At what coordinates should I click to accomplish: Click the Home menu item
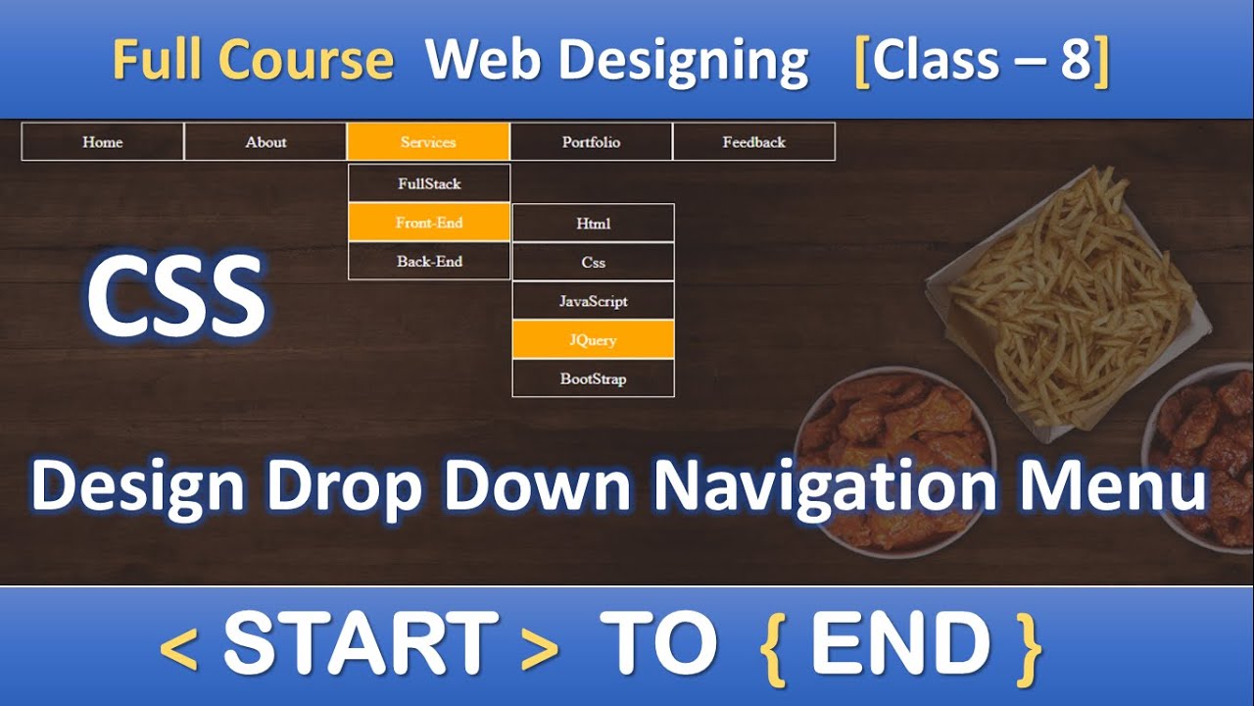click(x=102, y=142)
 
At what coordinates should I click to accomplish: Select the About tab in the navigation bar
click(x=265, y=142)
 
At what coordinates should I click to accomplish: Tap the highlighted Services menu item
click(x=428, y=142)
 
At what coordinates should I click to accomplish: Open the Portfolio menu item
click(x=591, y=142)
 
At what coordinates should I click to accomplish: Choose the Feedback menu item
click(x=753, y=142)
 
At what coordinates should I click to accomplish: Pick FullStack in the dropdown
click(x=429, y=183)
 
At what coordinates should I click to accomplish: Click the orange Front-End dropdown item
click(x=429, y=223)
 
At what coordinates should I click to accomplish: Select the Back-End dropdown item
click(x=429, y=261)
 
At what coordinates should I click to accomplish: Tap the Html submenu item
click(x=593, y=224)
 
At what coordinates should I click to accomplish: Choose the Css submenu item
click(x=593, y=263)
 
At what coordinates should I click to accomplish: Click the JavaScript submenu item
click(x=593, y=301)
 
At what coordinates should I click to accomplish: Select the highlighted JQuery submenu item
click(x=593, y=340)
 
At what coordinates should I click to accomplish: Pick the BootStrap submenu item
click(x=593, y=378)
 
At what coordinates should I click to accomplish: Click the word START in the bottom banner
click(x=361, y=644)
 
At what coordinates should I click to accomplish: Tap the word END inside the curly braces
click(x=899, y=644)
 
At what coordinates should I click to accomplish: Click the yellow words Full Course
click(x=253, y=61)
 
